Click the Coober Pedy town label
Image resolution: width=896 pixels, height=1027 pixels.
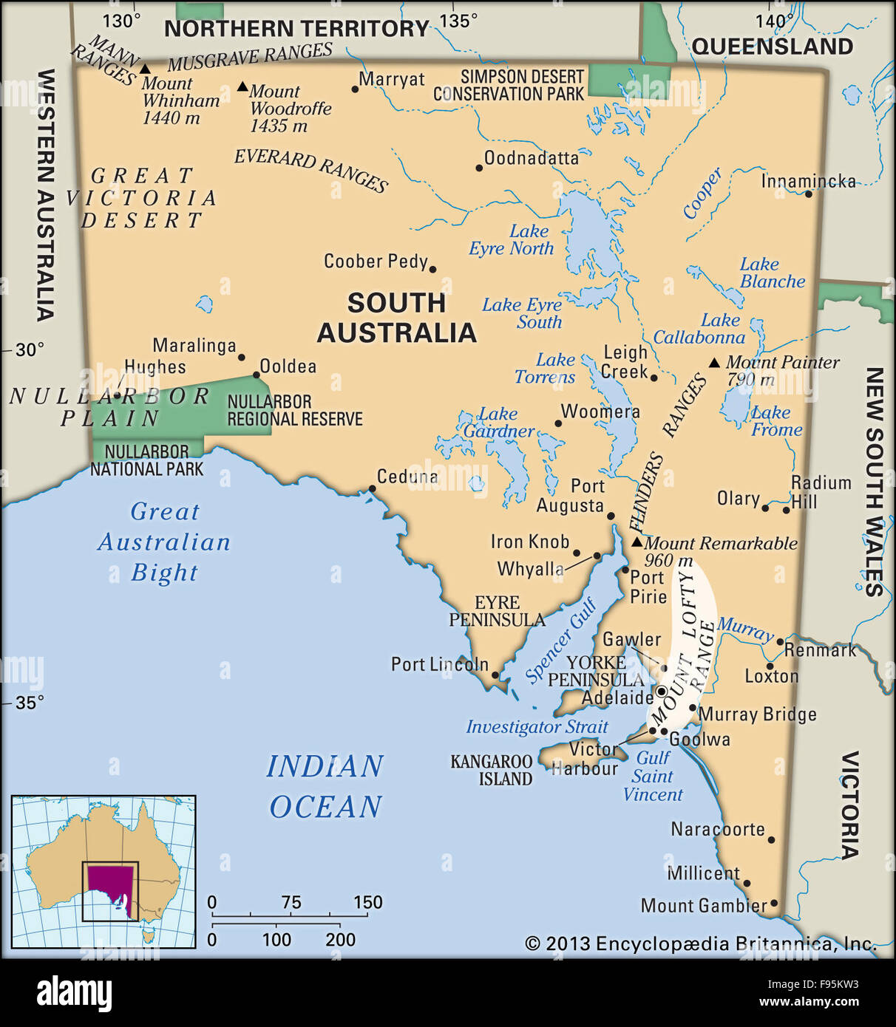click(x=375, y=262)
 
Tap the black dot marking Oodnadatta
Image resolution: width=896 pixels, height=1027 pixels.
click(x=479, y=168)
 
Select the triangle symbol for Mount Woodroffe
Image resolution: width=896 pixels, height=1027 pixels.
click(x=242, y=87)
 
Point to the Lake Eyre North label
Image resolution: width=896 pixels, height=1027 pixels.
click(x=512, y=240)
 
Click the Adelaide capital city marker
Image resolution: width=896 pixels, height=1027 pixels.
click(x=661, y=692)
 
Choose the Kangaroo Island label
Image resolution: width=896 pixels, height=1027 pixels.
click(x=492, y=770)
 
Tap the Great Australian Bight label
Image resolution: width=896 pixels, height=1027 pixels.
click(x=164, y=542)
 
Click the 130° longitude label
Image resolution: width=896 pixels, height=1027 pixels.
click(x=121, y=21)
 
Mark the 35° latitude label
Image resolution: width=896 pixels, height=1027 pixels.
click(x=30, y=702)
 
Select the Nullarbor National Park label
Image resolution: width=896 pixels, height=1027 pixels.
click(x=146, y=460)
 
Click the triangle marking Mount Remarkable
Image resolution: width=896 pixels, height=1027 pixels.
click(x=637, y=542)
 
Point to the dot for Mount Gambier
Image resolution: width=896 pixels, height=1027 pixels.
click(x=774, y=903)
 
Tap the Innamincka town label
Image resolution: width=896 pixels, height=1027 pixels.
click(x=808, y=182)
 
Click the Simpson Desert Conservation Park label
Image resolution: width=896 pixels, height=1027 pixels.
click(x=509, y=86)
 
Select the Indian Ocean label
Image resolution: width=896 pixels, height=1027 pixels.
click(x=325, y=786)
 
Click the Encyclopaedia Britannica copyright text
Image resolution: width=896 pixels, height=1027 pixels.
click(x=699, y=944)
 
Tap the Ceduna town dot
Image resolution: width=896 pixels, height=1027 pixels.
click(x=372, y=488)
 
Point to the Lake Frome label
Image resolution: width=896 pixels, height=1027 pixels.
click(x=775, y=421)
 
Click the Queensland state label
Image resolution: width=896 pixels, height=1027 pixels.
click(x=772, y=47)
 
